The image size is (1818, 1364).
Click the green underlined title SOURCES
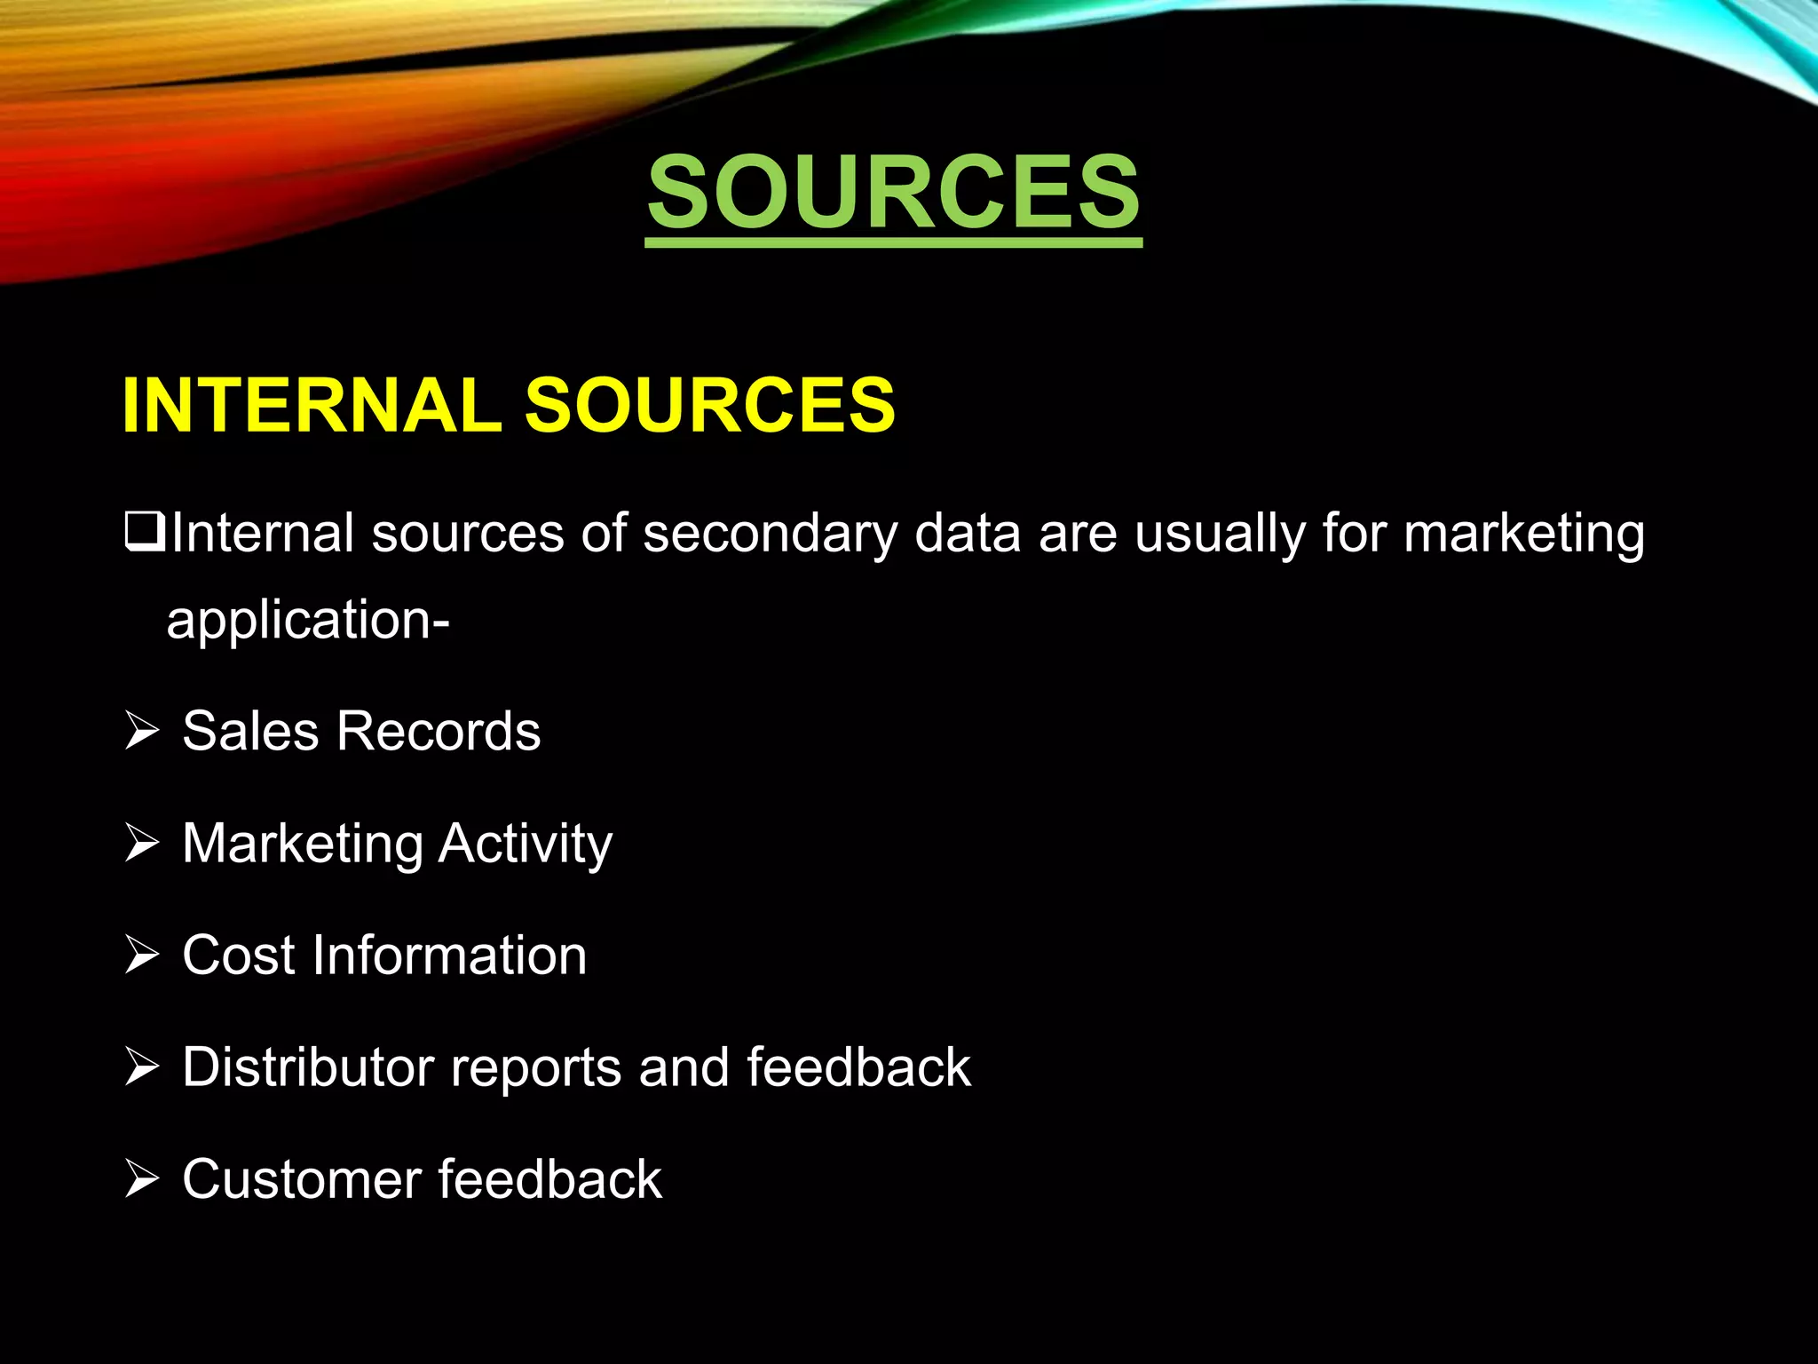coord(893,191)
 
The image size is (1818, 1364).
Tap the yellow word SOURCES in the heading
coord(709,406)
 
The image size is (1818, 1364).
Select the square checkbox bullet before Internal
coord(145,533)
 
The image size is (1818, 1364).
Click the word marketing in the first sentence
coord(1523,535)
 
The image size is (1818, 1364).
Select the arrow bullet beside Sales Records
coord(142,732)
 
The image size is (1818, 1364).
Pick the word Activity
coord(525,844)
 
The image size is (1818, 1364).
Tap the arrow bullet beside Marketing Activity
coord(142,844)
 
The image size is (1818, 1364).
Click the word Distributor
coord(307,1067)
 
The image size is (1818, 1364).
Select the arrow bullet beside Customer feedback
coord(142,1179)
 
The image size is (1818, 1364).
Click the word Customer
coord(301,1179)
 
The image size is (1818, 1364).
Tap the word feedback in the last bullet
coord(549,1179)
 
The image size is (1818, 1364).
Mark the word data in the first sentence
coord(967,535)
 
